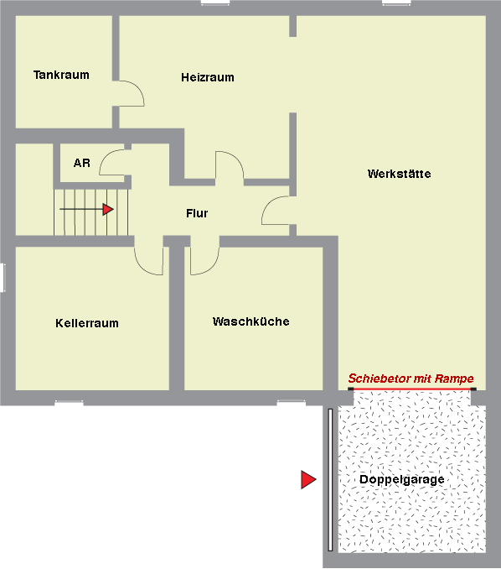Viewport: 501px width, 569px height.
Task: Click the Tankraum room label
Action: click(x=61, y=75)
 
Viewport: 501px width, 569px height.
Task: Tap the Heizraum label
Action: click(x=208, y=77)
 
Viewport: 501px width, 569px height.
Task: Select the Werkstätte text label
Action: click(x=399, y=174)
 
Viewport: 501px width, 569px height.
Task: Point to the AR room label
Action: click(x=82, y=163)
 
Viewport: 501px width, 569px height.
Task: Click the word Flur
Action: click(x=197, y=213)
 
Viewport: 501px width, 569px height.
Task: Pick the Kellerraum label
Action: click(x=87, y=323)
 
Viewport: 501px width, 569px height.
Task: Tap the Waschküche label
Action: click(x=251, y=321)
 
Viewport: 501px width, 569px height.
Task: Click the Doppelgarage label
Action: click(x=402, y=480)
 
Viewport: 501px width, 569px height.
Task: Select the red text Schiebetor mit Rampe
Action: click(x=411, y=378)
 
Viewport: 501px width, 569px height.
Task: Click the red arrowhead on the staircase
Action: click(x=108, y=209)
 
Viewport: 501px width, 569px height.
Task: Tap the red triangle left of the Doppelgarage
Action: click(x=308, y=480)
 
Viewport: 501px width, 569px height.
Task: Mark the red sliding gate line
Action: click(x=412, y=389)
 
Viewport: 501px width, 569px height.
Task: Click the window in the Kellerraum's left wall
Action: click(x=3, y=278)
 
